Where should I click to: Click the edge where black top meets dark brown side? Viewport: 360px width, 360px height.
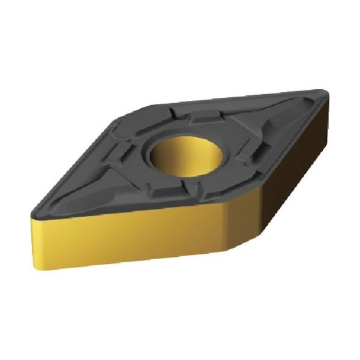(x=282, y=144)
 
